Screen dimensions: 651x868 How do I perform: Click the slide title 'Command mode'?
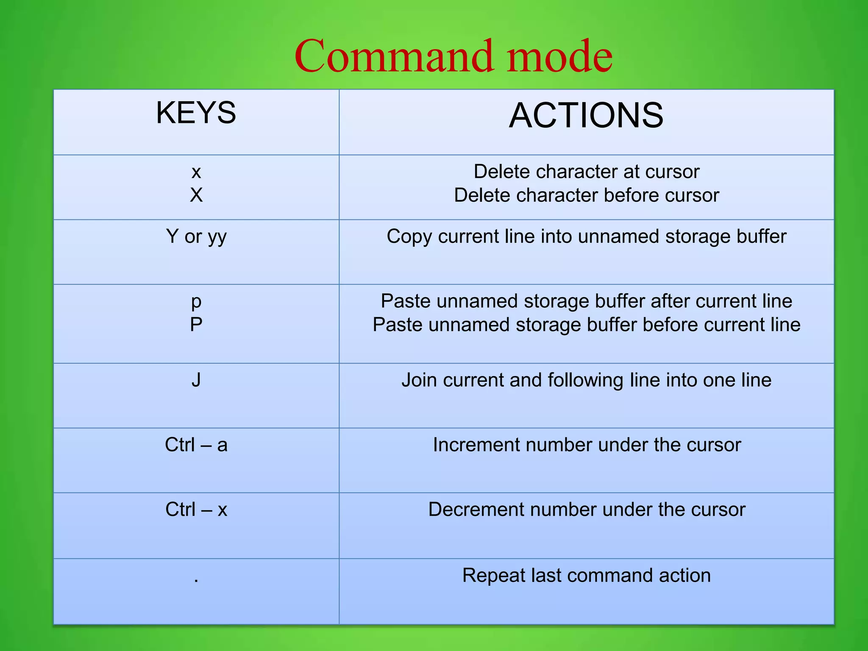click(453, 56)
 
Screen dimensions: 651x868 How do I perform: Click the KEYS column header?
click(196, 113)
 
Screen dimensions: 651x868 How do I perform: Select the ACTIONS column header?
click(586, 115)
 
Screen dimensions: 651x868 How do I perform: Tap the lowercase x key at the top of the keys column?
click(196, 172)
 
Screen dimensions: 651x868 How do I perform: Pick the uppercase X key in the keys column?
click(196, 195)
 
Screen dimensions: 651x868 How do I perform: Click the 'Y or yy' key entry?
click(196, 236)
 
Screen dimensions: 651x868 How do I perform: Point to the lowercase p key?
click(196, 302)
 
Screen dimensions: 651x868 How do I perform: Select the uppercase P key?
click(196, 325)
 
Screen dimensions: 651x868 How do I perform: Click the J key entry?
click(196, 380)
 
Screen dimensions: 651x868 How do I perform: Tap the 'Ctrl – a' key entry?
click(196, 445)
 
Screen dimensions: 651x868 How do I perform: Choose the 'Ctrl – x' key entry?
click(196, 509)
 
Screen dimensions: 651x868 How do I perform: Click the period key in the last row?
click(196, 580)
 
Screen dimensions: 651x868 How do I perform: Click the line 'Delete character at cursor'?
click(586, 172)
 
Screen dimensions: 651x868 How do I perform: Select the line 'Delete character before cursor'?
click(586, 195)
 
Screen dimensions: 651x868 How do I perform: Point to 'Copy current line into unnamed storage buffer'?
click(586, 236)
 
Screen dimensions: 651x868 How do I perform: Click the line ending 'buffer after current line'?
click(586, 301)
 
